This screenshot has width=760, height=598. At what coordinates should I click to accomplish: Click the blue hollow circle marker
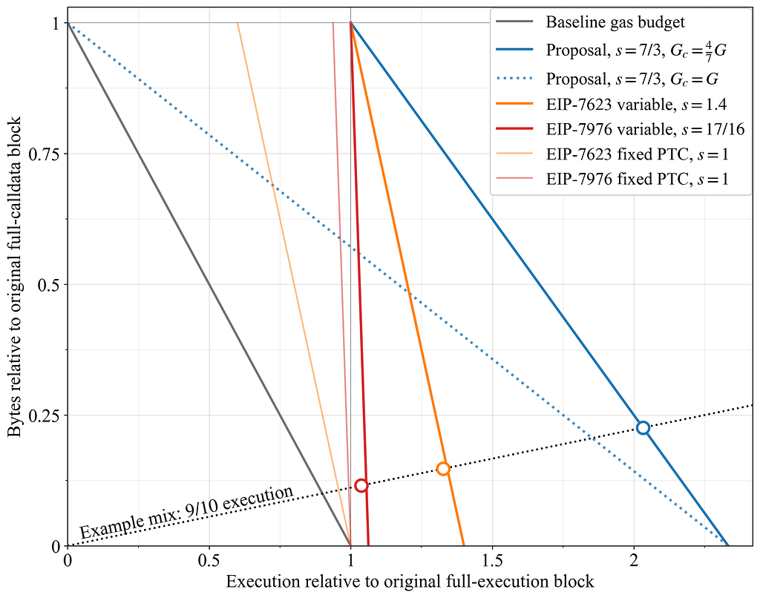643,427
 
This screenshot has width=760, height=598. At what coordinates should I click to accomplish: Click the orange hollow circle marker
443,468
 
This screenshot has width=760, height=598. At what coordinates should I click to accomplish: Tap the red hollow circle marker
361,485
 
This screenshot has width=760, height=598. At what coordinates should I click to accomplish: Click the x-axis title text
410,581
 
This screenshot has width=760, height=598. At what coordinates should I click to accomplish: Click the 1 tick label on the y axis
56,23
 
